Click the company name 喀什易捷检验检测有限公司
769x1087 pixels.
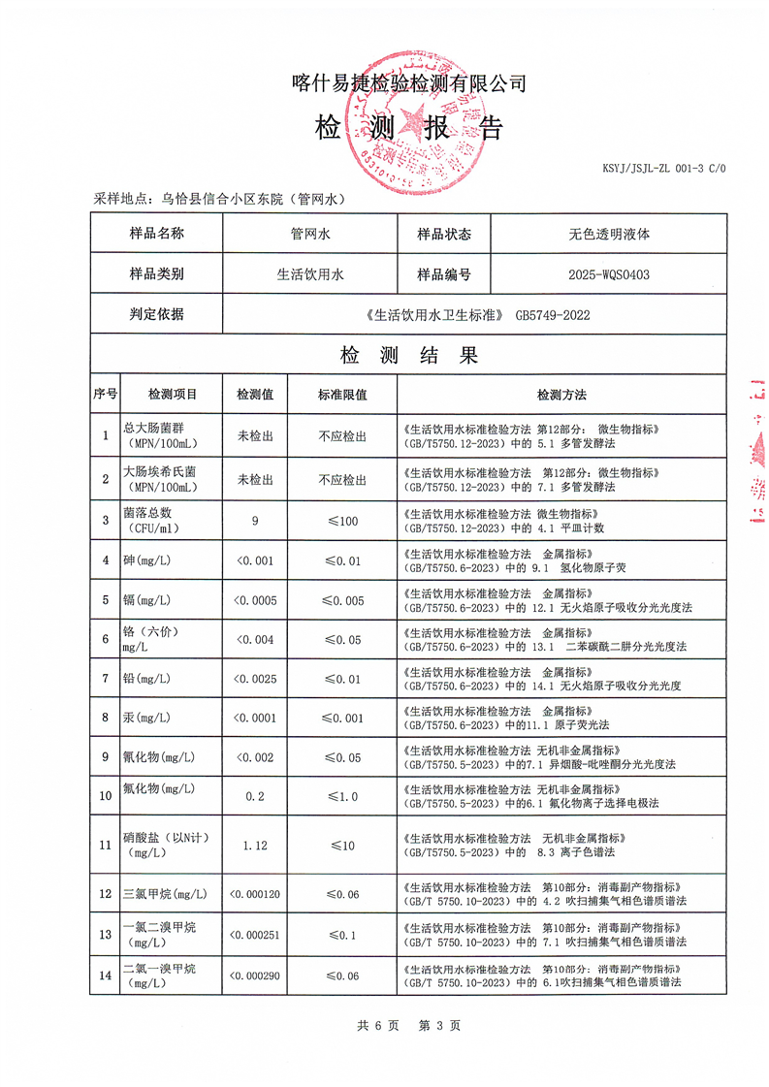[408, 83]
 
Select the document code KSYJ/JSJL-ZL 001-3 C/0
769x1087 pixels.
[663, 169]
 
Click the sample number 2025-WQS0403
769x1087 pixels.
[609, 274]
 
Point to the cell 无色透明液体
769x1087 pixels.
[609, 234]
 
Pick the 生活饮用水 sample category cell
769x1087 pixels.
[310, 274]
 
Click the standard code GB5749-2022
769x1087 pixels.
[553, 314]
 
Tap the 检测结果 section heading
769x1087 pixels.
[408, 355]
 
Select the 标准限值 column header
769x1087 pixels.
[342, 395]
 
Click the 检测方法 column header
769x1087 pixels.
[561, 395]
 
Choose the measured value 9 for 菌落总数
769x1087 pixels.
[255, 521]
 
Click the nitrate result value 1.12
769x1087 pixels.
[255, 845]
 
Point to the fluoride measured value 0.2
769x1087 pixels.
[255, 795]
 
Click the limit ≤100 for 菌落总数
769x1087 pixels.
[342, 521]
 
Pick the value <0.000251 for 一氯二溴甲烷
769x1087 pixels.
[255, 935]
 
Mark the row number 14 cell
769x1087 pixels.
[105, 975]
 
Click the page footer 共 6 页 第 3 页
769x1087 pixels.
[408, 1025]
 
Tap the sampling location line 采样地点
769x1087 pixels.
[219, 199]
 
